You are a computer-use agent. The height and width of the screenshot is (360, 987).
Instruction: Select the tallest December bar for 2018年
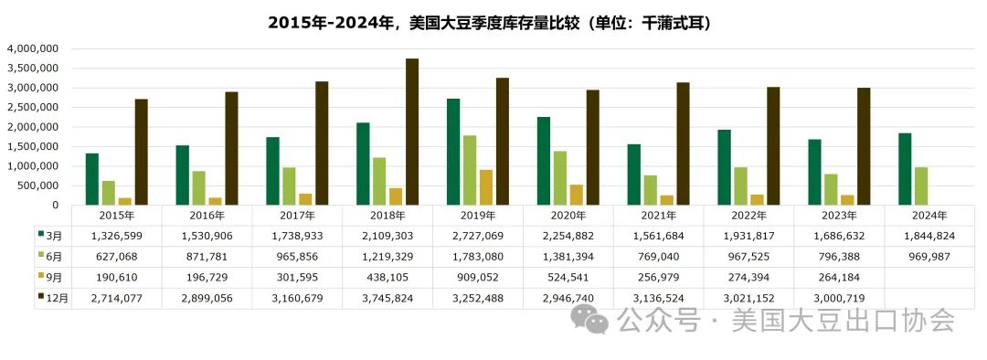pyautogui.click(x=412, y=132)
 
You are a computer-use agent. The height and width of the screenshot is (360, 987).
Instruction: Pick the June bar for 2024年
pyautogui.click(x=921, y=185)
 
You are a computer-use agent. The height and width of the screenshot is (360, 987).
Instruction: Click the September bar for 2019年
pyautogui.click(x=486, y=187)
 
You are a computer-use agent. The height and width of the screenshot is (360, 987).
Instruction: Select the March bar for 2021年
pyautogui.click(x=633, y=175)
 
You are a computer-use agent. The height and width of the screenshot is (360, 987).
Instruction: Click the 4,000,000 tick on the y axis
pyautogui.click(x=33, y=48)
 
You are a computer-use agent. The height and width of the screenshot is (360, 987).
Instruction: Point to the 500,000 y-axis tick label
pyautogui.click(x=37, y=185)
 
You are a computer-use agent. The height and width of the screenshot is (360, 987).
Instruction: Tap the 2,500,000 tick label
pyautogui.click(x=33, y=107)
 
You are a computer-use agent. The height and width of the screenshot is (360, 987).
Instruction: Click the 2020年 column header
pyautogui.click(x=568, y=216)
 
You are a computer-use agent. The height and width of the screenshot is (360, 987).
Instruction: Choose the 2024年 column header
pyautogui.click(x=929, y=216)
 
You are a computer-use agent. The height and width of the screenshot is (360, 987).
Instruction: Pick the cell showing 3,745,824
pyautogui.click(x=387, y=298)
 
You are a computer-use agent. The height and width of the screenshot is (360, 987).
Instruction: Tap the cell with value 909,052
pyautogui.click(x=478, y=278)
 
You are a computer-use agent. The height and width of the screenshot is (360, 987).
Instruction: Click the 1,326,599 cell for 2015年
pyautogui.click(x=116, y=236)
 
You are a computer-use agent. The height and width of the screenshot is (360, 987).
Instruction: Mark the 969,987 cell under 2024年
pyautogui.click(x=929, y=257)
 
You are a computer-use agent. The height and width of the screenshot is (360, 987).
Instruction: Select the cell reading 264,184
pyautogui.click(x=839, y=278)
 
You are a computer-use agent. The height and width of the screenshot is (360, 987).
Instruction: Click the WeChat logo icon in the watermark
pyautogui.click(x=589, y=321)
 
